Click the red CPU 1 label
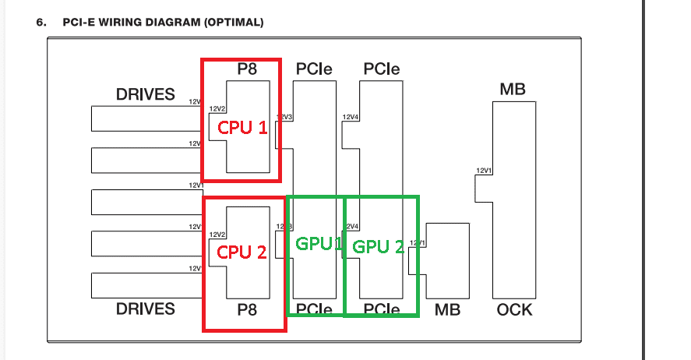(x=242, y=127)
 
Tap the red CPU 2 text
(x=242, y=252)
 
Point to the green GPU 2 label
(x=379, y=247)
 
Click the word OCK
(x=514, y=309)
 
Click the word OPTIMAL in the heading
(x=234, y=22)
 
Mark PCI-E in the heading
(x=79, y=22)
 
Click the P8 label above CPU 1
(x=248, y=69)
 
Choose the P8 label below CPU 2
(x=248, y=310)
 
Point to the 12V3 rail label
(x=284, y=117)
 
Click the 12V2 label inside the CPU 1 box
(x=217, y=108)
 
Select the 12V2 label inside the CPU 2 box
(x=217, y=234)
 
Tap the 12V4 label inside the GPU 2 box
(x=351, y=227)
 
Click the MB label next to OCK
(x=447, y=309)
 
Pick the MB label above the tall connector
(x=512, y=89)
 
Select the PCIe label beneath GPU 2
(x=382, y=309)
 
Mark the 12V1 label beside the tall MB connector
(x=483, y=171)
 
